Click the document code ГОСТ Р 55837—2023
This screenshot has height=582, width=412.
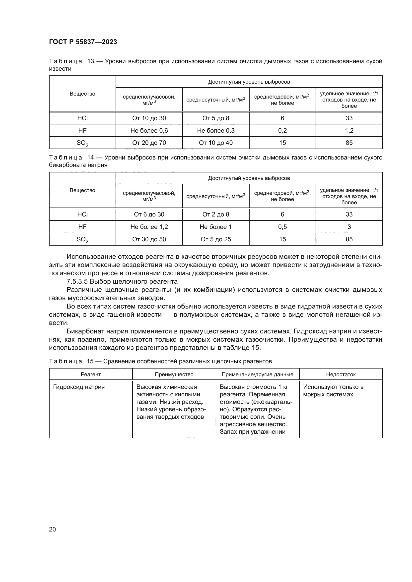click(83, 42)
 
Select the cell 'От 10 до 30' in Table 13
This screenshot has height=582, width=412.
click(149, 118)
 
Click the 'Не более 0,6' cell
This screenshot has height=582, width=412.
click(149, 131)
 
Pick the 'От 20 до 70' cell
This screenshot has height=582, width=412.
click(149, 143)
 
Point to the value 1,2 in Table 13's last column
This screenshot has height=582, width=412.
click(349, 131)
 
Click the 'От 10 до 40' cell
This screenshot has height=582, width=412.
click(216, 143)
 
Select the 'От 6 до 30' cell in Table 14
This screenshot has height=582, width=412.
click(149, 214)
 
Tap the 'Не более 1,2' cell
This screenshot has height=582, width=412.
click(149, 227)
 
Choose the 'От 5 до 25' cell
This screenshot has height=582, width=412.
click(216, 239)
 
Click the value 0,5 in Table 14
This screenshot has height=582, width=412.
click(282, 227)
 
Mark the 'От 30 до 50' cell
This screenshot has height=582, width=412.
click(149, 239)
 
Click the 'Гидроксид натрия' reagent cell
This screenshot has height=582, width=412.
click(79, 387)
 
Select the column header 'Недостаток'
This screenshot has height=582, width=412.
click(341, 374)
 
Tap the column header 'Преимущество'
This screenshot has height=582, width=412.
click(174, 374)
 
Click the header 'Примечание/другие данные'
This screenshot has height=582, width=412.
click(257, 374)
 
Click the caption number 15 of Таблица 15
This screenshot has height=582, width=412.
click(90, 361)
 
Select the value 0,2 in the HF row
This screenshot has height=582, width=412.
click(282, 131)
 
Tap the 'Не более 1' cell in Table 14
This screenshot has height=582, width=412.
click(216, 227)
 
